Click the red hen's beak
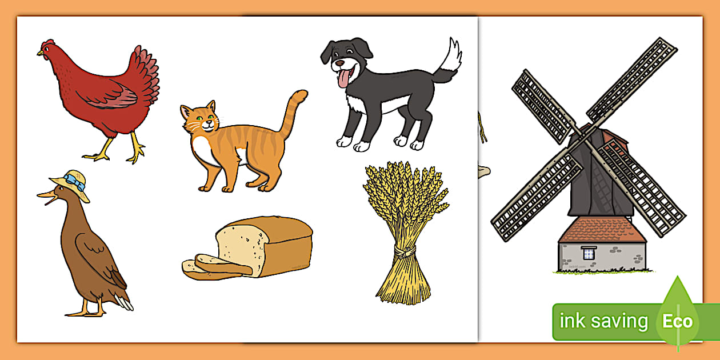pos(40,53)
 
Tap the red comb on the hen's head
pos(49,42)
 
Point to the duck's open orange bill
pos(47,197)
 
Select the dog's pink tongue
pos(343,79)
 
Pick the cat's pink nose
pos(209,122)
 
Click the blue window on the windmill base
pos(589,253)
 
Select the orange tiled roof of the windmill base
pos(601,230)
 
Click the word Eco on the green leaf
pos(677,321)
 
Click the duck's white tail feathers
pos(125,302)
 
